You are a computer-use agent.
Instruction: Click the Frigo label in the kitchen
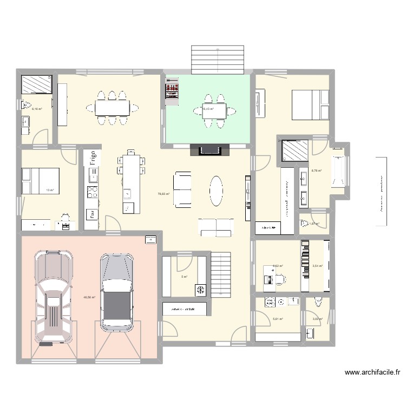coord(93,158)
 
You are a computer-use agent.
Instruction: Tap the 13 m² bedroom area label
coord(50,191)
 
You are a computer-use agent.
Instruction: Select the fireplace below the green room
coord(209,150)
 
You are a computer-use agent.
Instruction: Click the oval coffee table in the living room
coord(217,191)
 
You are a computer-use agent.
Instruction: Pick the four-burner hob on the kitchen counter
coord(93,191)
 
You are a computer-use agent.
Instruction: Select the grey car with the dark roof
coord(116,292)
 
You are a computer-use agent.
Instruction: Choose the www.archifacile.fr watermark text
coord(374,372)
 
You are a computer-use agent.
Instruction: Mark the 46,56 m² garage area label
coord(89,297)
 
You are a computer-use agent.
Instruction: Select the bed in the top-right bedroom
coord(310,104)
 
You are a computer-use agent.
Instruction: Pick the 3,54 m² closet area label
coord(317,266)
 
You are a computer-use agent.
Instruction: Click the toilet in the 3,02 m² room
coord(318,302)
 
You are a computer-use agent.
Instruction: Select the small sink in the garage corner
coord(149,239)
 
